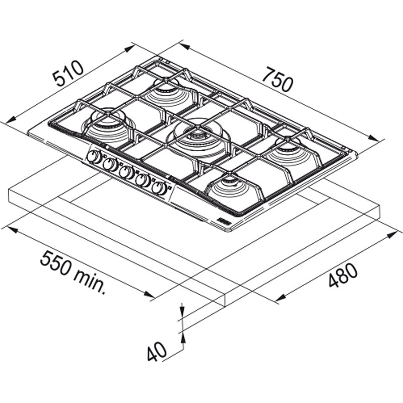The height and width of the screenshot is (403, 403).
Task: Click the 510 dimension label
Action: pos(68,73)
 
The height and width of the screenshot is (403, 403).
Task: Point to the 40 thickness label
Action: pos(157,351)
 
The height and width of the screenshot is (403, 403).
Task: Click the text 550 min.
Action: pos(73,273)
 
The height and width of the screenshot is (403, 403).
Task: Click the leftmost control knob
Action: pos(94,157)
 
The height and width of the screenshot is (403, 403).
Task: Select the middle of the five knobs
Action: pos(126,172)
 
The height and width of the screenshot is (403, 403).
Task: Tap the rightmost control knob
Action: pos(159,188)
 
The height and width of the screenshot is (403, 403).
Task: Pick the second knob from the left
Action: pos(110,165)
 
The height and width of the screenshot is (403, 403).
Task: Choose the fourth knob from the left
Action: pos(143,180)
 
